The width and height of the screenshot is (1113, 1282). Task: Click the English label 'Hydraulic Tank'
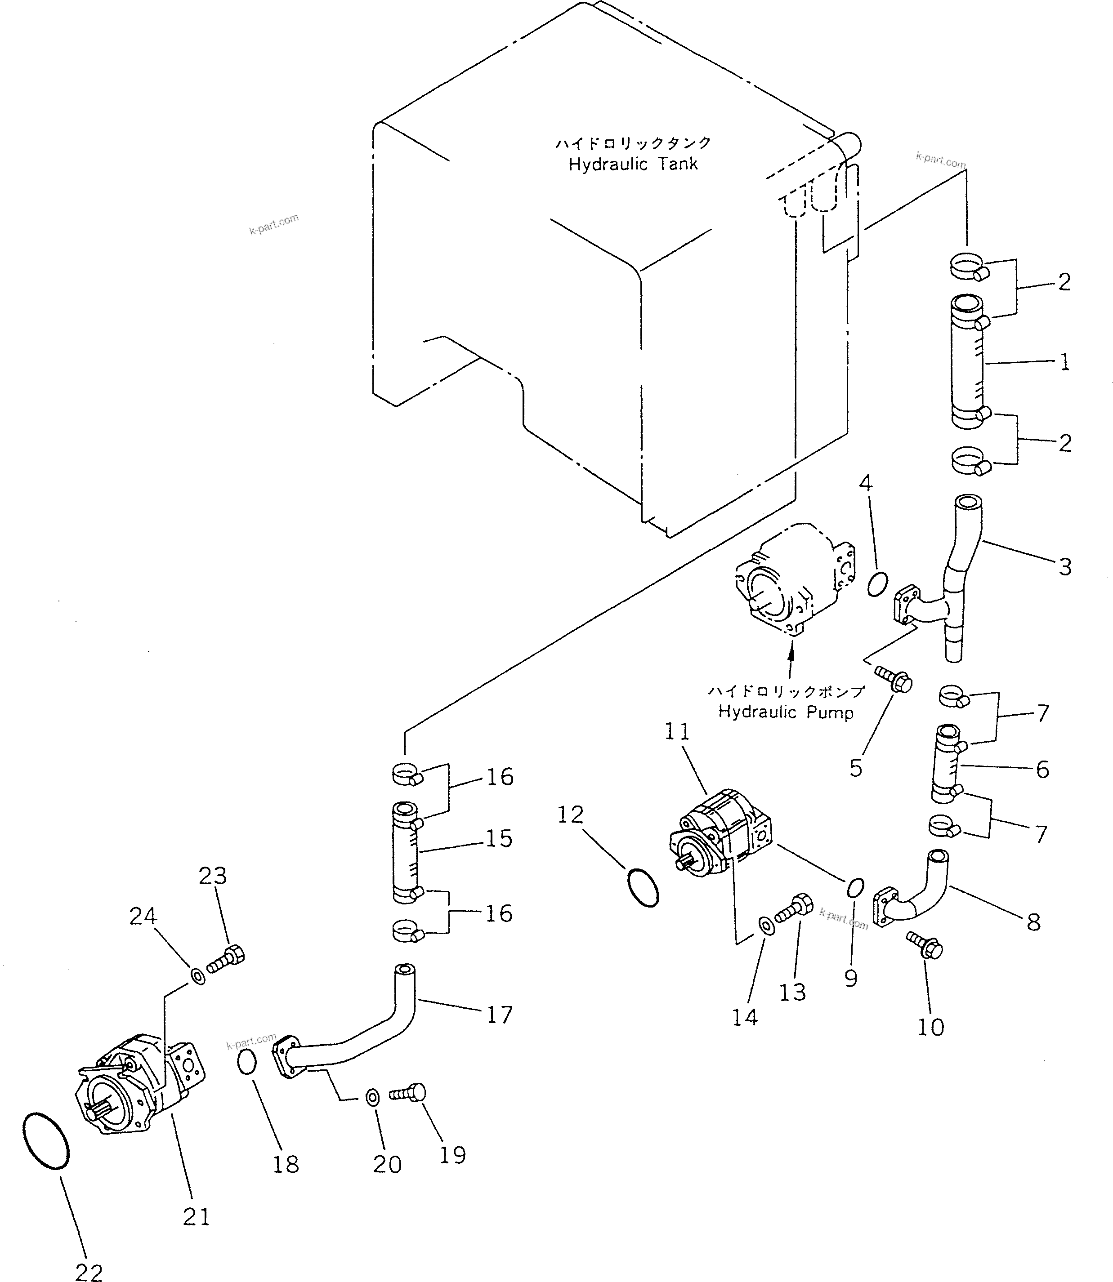(633, 165)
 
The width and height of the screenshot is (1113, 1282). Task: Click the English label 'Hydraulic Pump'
(786, 712)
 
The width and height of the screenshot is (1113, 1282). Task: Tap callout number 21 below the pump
(196, 1216)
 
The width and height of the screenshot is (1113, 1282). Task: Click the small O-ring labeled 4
(877, 584)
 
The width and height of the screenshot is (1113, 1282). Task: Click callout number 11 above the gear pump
(677, 732)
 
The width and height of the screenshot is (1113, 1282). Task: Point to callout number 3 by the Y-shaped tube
(1064, 566)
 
